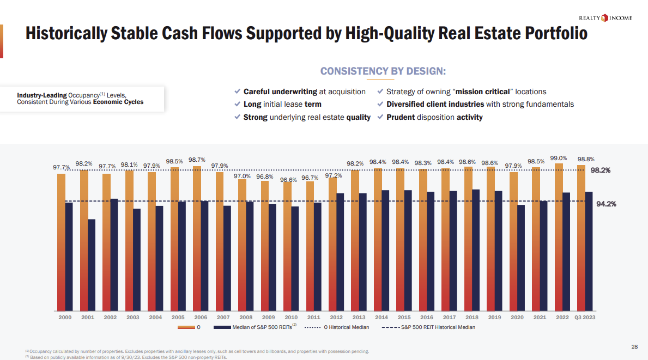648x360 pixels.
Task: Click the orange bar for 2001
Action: [84, 240]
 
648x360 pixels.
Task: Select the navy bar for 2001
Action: [92, 264]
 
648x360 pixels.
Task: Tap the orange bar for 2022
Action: [559, 236]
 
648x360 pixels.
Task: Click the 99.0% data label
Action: [559, 158]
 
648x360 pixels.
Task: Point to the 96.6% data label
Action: [289, 179]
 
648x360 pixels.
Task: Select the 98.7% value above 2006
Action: [197, 160]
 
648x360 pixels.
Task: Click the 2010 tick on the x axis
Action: [291, 317]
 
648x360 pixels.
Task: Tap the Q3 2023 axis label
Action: [585, 317]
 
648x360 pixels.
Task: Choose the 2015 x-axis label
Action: [404, 317]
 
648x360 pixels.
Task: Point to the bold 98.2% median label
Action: [601, 170]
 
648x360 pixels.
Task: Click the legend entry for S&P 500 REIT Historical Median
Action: [428, 327]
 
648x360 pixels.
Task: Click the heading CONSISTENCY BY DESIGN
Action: [383, 71]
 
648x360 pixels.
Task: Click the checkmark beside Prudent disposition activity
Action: [380, 117]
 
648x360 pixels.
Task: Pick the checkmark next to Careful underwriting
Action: [237, 91]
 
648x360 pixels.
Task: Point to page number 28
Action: [634, 347]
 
